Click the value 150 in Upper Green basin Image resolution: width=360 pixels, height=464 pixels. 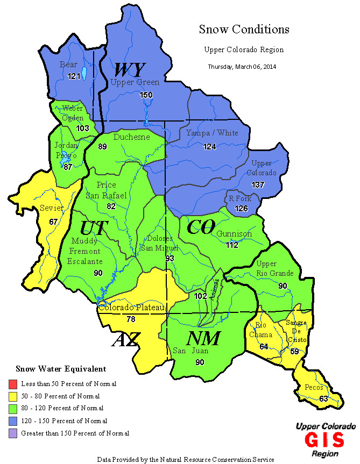(x=146, y=95)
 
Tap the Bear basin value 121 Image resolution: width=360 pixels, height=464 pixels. (x=74, y=76)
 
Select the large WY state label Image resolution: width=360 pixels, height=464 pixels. (x=129, y=70)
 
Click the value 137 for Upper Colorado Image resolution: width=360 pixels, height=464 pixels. (x=259, y=184)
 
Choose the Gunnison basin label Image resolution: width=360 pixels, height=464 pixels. (x=234, y=234)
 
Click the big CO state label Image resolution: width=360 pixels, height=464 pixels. (x=201, y=227)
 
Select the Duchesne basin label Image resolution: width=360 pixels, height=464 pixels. (x=131, y=137)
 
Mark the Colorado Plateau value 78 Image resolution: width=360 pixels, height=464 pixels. (x=131, y=319)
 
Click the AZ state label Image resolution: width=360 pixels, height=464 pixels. (x=126, y=340)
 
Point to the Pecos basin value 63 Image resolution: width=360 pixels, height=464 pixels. (x=323, y=398)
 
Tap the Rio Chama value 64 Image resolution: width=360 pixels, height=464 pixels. (x=264, y=347)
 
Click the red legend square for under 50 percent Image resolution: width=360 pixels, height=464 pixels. (x=12, y=384)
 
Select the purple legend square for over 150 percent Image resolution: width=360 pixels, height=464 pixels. (x=12, y=432)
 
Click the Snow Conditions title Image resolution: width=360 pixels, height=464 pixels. (x=244, y=29)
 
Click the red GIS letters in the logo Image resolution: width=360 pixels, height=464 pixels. (x=324, y=440)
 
